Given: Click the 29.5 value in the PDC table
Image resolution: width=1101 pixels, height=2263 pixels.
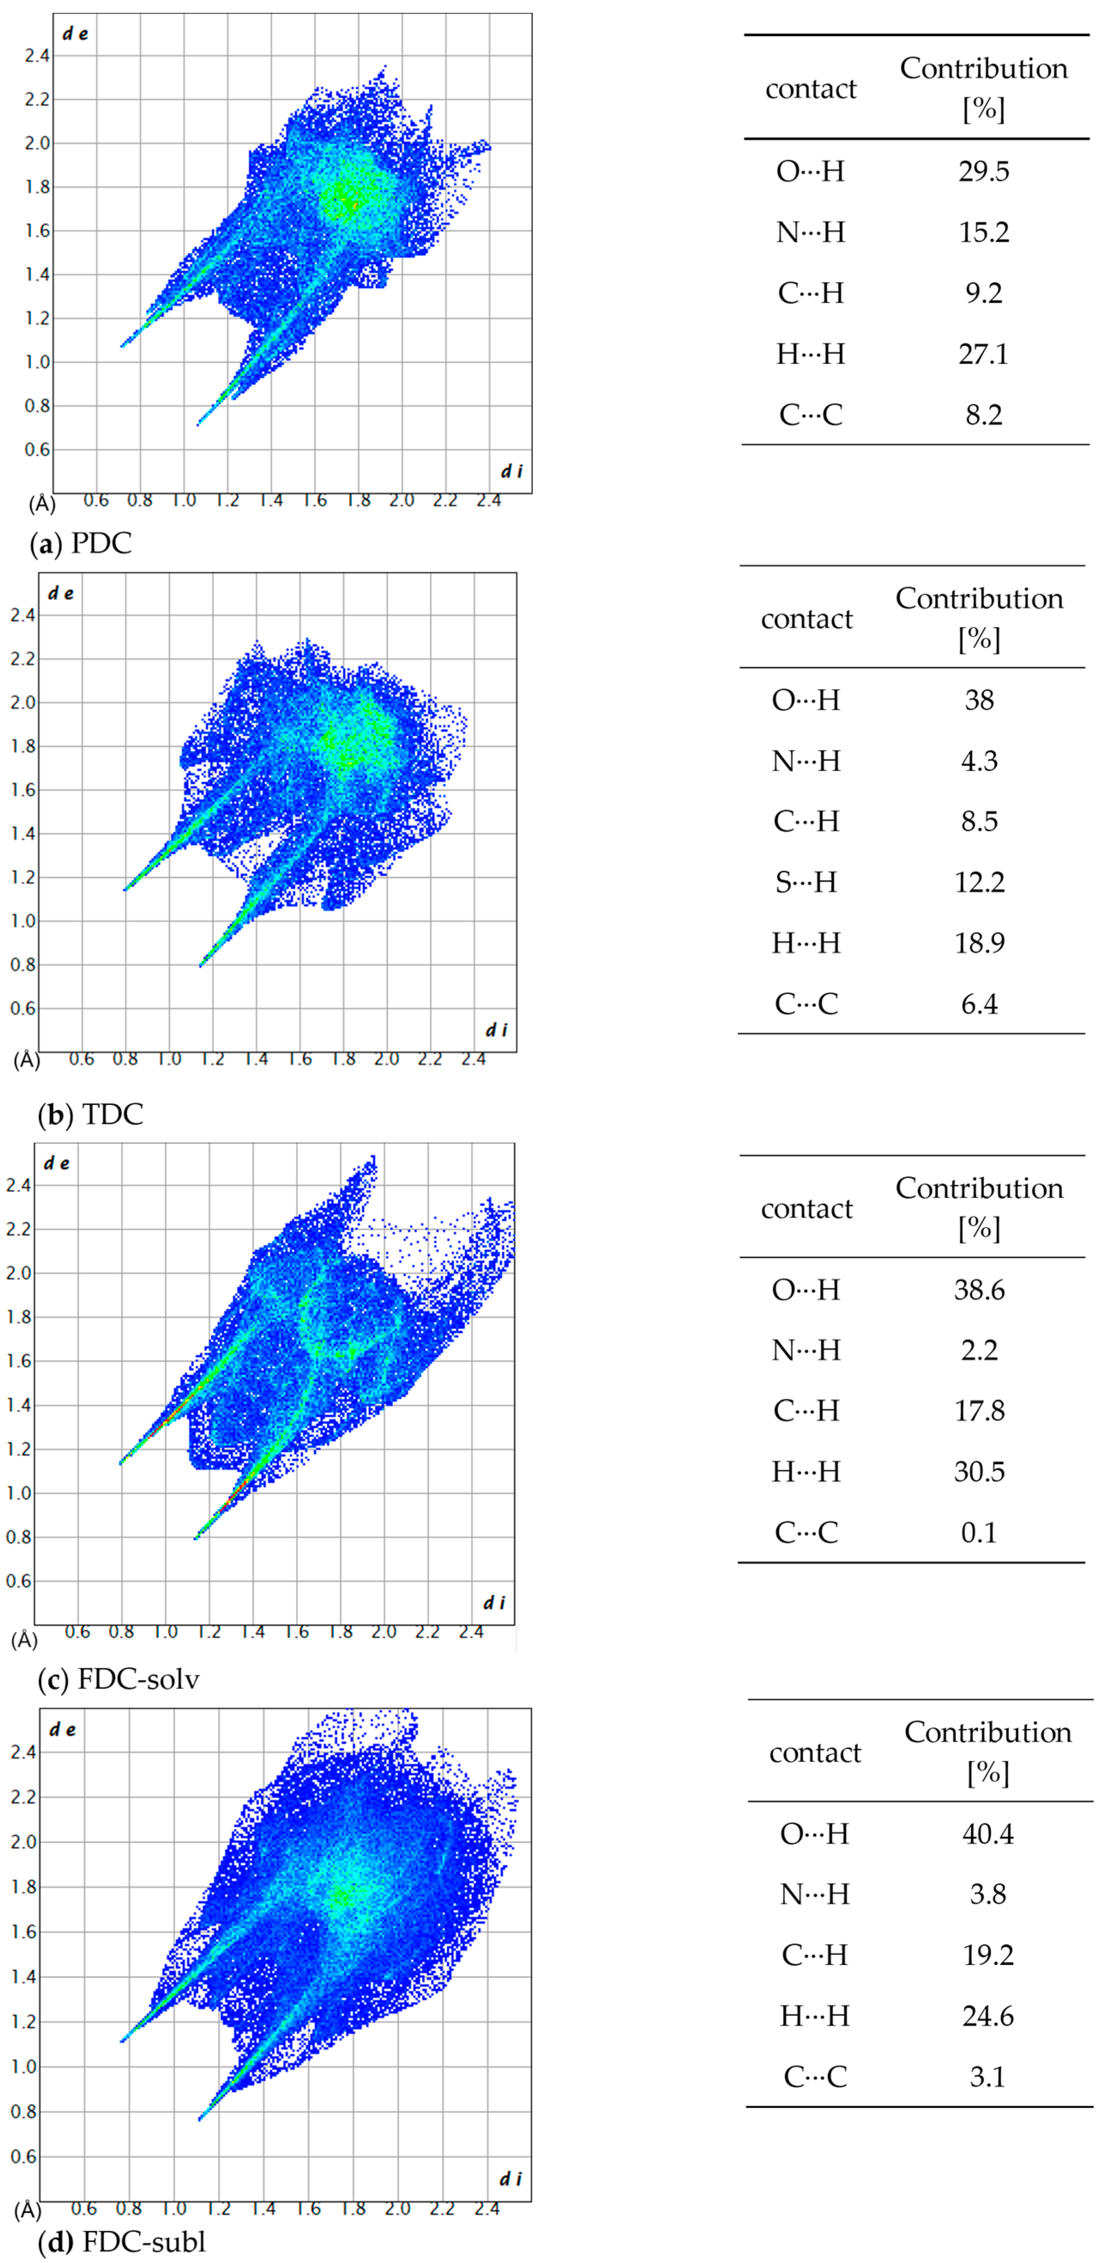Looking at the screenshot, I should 983,172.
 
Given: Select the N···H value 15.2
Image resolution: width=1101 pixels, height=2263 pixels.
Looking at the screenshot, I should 983,232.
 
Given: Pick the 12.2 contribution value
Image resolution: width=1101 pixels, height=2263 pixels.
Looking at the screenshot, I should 979,882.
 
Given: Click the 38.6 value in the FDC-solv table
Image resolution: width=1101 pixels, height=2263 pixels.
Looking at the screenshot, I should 979,1290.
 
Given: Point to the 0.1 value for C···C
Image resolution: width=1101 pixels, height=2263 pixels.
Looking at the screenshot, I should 979,1532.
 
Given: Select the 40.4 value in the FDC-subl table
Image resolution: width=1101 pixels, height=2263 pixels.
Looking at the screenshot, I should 988,1834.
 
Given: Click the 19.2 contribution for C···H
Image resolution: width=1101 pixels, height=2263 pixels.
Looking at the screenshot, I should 988,1956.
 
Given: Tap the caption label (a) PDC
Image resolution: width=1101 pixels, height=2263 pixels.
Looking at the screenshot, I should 81,544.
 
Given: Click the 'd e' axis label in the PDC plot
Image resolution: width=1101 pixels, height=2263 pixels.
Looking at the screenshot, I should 75,34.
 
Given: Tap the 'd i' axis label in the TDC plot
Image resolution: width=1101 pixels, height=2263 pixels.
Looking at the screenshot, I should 496,1029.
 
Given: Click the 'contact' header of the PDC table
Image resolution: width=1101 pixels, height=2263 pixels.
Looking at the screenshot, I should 810,89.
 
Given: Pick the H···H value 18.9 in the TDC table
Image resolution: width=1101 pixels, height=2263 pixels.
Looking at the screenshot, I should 979,942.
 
